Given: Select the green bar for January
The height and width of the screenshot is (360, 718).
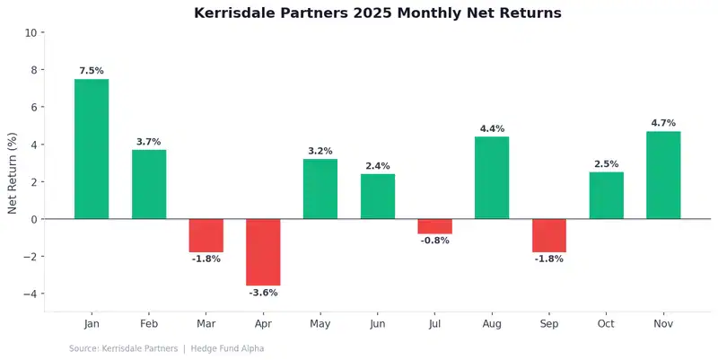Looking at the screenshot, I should pos(92,149).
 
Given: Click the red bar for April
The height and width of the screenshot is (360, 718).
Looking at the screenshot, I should pos(263,252).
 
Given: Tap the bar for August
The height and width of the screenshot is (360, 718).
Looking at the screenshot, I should pos(492,178).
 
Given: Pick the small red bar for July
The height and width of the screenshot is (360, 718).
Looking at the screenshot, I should pos(434,226).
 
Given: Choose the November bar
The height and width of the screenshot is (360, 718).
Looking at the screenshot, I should pos(663,175).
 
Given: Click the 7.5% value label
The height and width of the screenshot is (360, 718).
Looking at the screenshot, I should pos(92,71).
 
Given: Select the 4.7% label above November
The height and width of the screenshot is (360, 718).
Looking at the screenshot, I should pos(663,123).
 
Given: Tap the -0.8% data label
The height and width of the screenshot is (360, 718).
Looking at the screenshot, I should pos(434,241).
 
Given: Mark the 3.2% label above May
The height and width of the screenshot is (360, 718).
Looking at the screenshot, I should pos(320,151).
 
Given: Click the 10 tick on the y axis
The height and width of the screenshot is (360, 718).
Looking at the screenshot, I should pos(31,33).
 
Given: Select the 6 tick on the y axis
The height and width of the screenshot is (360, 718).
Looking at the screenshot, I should pos(33,108).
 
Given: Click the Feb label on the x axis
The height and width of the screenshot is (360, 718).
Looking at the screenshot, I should pos(149,323).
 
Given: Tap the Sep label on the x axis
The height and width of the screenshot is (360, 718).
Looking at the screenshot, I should pos(549,323).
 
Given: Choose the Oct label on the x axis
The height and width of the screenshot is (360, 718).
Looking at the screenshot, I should pos(606,323).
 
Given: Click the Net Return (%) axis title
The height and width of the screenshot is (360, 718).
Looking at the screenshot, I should pos(13,172).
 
